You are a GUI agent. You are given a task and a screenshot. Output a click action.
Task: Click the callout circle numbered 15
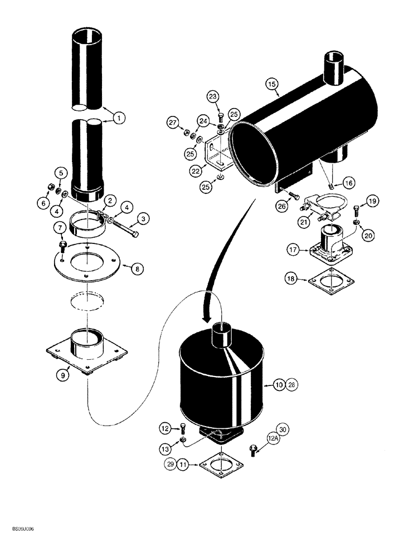tap(271, 84)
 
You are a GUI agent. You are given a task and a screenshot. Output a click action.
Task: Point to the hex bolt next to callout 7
tap(63, 246)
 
